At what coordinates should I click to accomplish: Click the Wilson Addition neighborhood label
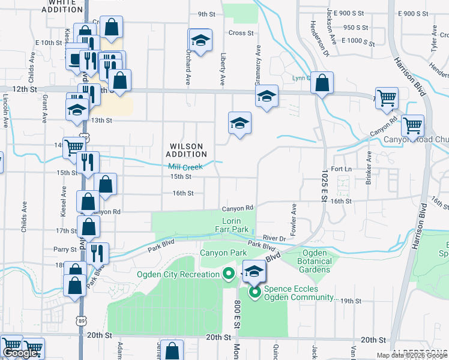[186, 150]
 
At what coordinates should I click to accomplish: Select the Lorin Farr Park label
[232, 226]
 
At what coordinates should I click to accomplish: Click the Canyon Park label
[223, 253]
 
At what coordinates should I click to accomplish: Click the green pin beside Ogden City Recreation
[228, 275]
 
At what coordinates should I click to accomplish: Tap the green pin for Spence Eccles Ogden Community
[255, 292]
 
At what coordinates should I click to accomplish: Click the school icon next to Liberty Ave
[240, 123]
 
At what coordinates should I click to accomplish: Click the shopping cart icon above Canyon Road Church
[412, 125]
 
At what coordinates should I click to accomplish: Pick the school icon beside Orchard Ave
[200, 40]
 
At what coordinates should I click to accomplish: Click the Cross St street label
[241, 33]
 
